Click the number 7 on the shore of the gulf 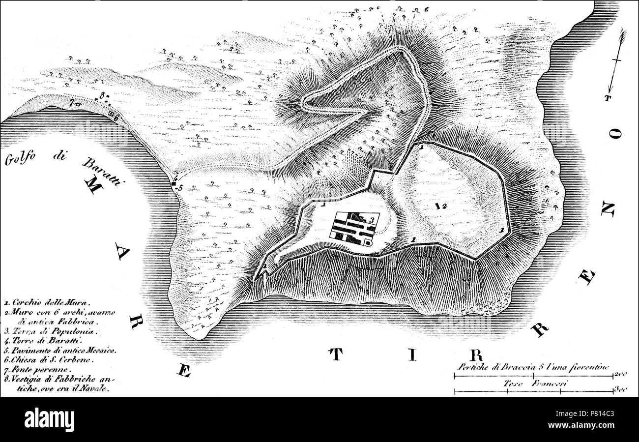point(72,103)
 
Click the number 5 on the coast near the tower point(180,188)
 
